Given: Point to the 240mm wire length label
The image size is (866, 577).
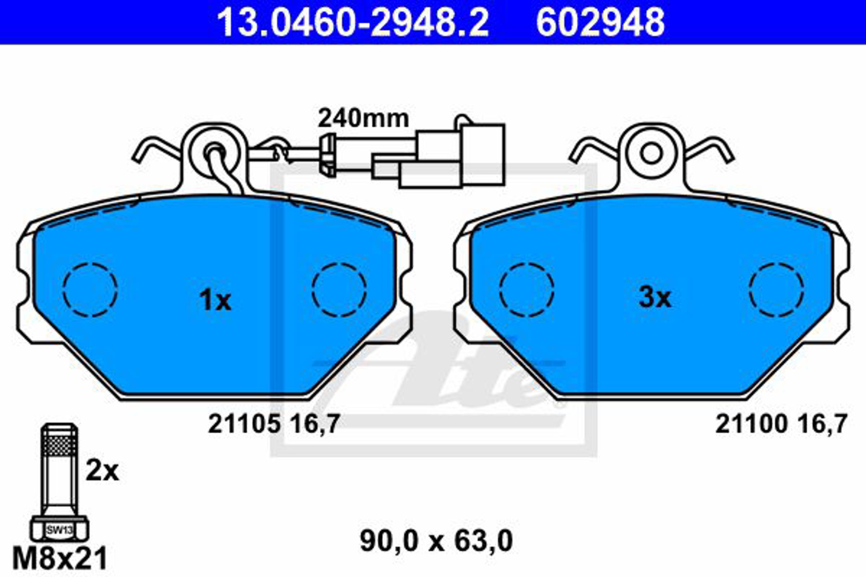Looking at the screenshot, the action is (x=363, y=119).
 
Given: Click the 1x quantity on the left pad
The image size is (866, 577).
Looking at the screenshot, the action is (x=215, y=301).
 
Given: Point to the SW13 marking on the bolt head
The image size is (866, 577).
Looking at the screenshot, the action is (x=59, y=530).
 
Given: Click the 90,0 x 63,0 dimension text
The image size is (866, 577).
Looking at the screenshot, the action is (x=436, y=541).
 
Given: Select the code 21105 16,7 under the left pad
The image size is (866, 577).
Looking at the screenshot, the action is (x=274, y=424).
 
